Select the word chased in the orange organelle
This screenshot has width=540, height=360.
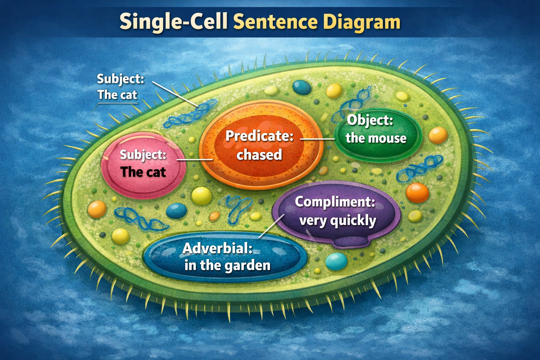tap(259, 155)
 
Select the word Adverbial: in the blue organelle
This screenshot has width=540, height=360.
tap(218, 248)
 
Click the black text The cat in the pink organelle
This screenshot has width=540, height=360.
tap(143, 172)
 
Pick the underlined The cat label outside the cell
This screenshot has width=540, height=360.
tap(117, 95)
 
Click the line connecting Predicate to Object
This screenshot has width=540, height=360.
tap(317, 139)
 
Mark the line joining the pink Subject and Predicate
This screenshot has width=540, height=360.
tap(194, 160)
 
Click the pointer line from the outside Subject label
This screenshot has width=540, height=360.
tap(175, 94)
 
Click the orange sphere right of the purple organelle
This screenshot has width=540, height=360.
tap(418, 193)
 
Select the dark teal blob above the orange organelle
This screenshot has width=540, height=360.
tap(302, 87)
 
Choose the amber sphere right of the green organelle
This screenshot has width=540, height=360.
tap(438, 135)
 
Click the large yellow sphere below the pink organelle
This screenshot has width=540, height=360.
tap(201, 196)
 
